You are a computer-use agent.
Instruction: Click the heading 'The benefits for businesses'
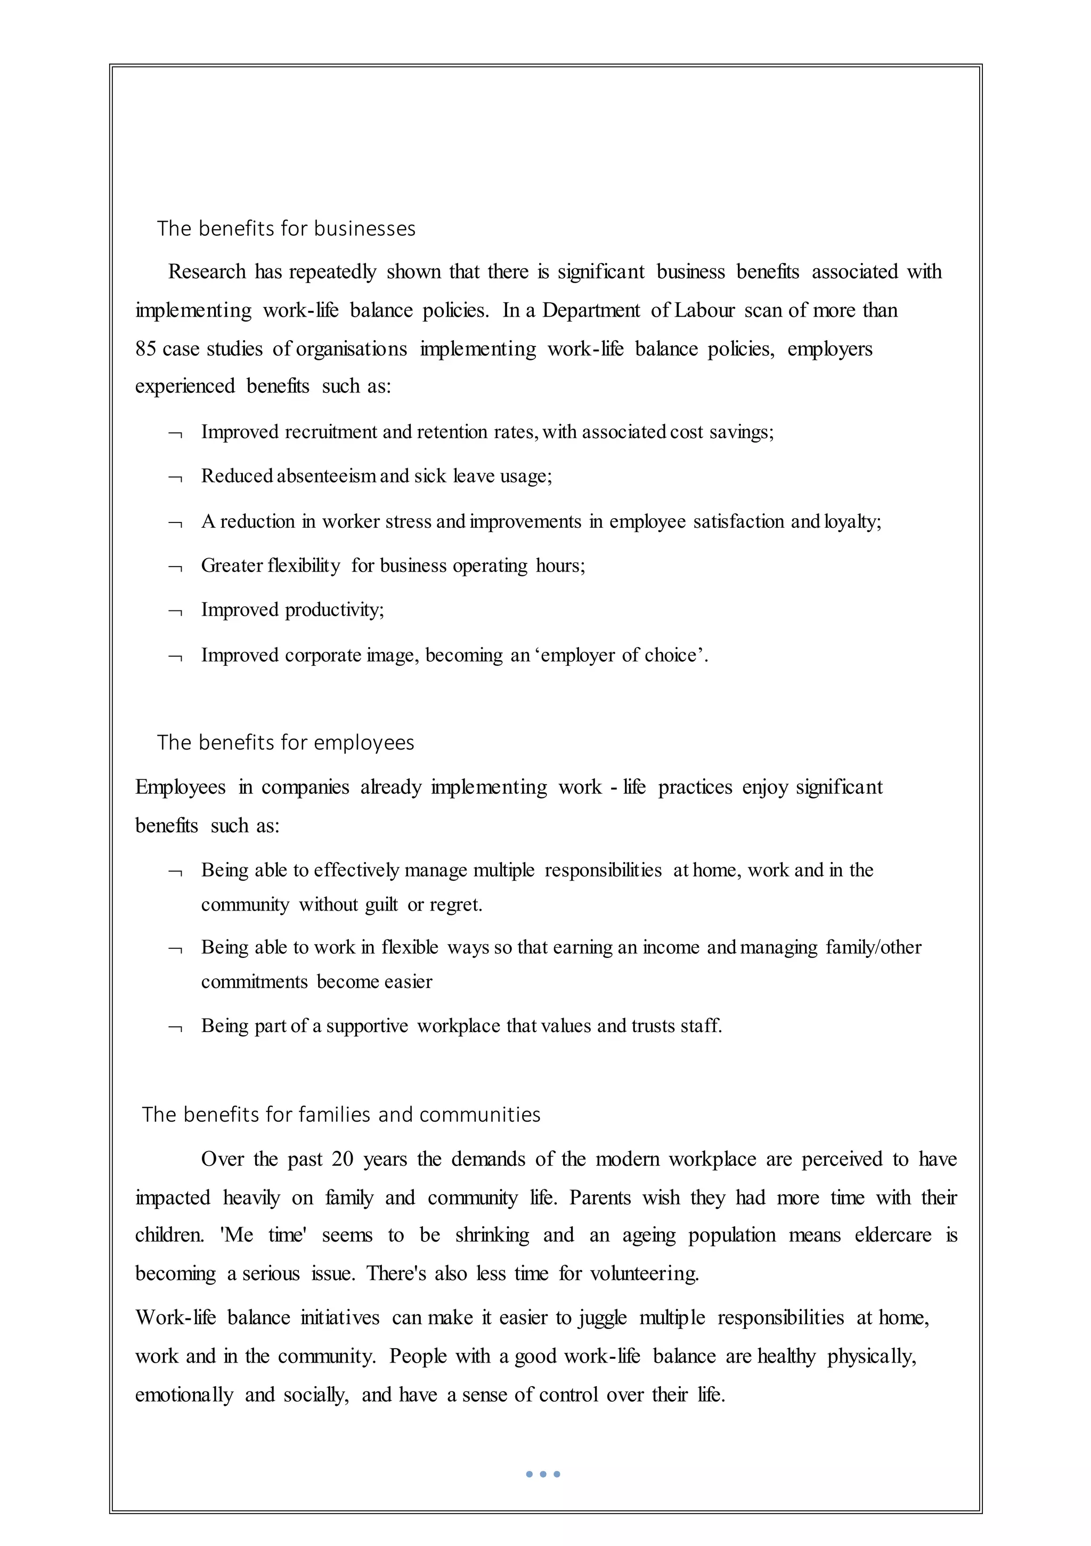pos(286,229)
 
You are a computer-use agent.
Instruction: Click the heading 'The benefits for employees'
pos(286,743)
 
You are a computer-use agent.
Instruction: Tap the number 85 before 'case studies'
pos(146,349)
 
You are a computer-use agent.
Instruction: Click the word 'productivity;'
pos(335,610)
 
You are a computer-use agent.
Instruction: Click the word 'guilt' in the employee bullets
pos(381,904)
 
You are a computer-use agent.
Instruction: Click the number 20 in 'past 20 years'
pos(342,1159)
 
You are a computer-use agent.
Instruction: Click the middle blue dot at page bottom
pos(542,1475)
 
